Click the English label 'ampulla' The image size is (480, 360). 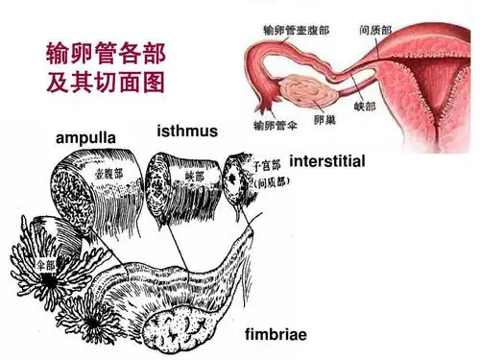coord(86,139)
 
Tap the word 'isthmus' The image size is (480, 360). coord(186,131)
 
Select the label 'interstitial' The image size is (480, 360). coord(326,161)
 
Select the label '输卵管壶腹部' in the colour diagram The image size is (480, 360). coord(297,30)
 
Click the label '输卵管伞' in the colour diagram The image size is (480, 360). coord(271,126)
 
